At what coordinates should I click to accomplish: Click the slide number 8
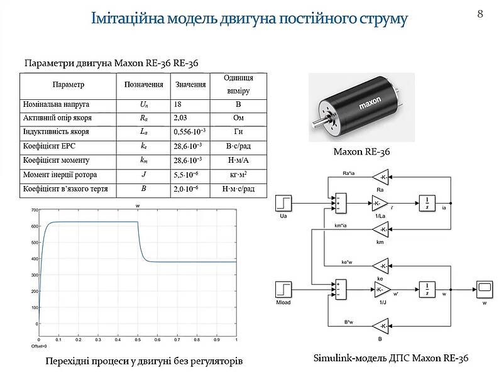pos(480,13)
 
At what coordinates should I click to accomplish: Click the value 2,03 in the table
pos(180,117)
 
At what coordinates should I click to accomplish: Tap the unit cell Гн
pos(238,132)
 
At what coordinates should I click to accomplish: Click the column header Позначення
pos(144,84)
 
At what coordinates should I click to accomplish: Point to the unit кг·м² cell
pos(238,174)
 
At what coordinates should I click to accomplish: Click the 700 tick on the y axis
pos(35,209)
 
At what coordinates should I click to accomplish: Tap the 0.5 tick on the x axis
pos(137,339)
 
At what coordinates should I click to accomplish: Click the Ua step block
pos(283,204)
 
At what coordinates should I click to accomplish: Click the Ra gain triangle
pos(380,177)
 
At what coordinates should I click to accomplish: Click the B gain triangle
pos(380,326)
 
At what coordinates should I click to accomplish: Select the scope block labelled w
pos(484,289)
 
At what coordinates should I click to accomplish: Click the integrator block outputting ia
pos(427,204)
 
